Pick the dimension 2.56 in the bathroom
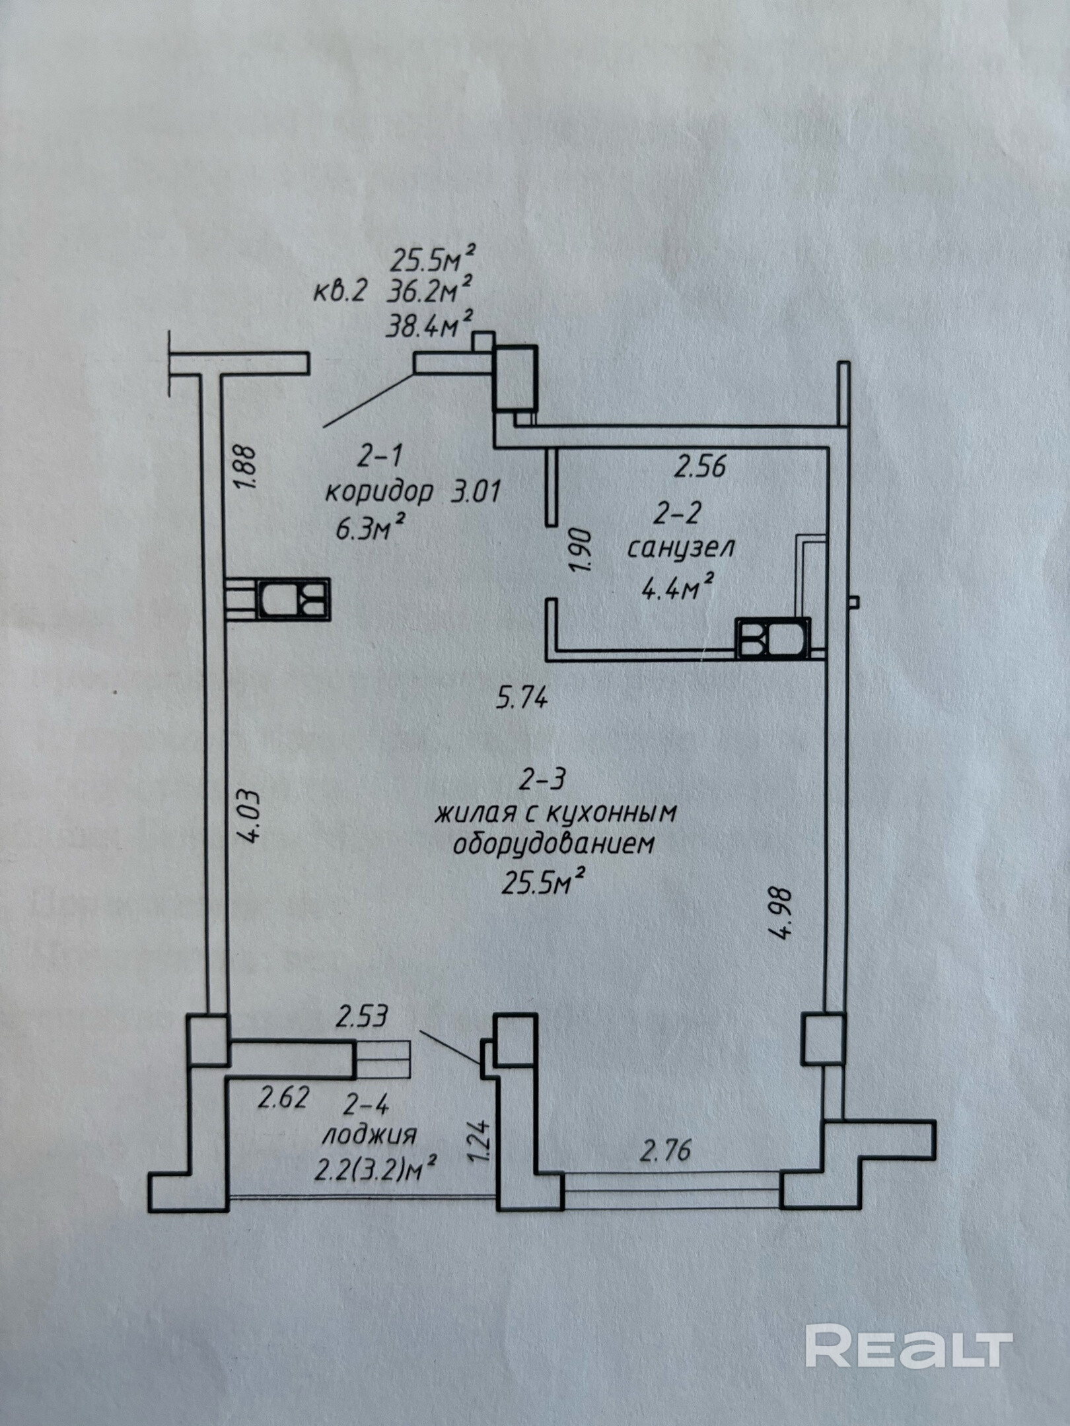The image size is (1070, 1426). click(x=699, y=467)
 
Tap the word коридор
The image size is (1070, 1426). click(x=380, y=492)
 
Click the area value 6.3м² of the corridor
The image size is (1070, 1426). click(x=370, y=528)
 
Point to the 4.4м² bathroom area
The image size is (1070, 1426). click(x=678, y=586)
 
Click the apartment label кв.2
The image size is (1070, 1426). click(x=339, y=292)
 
